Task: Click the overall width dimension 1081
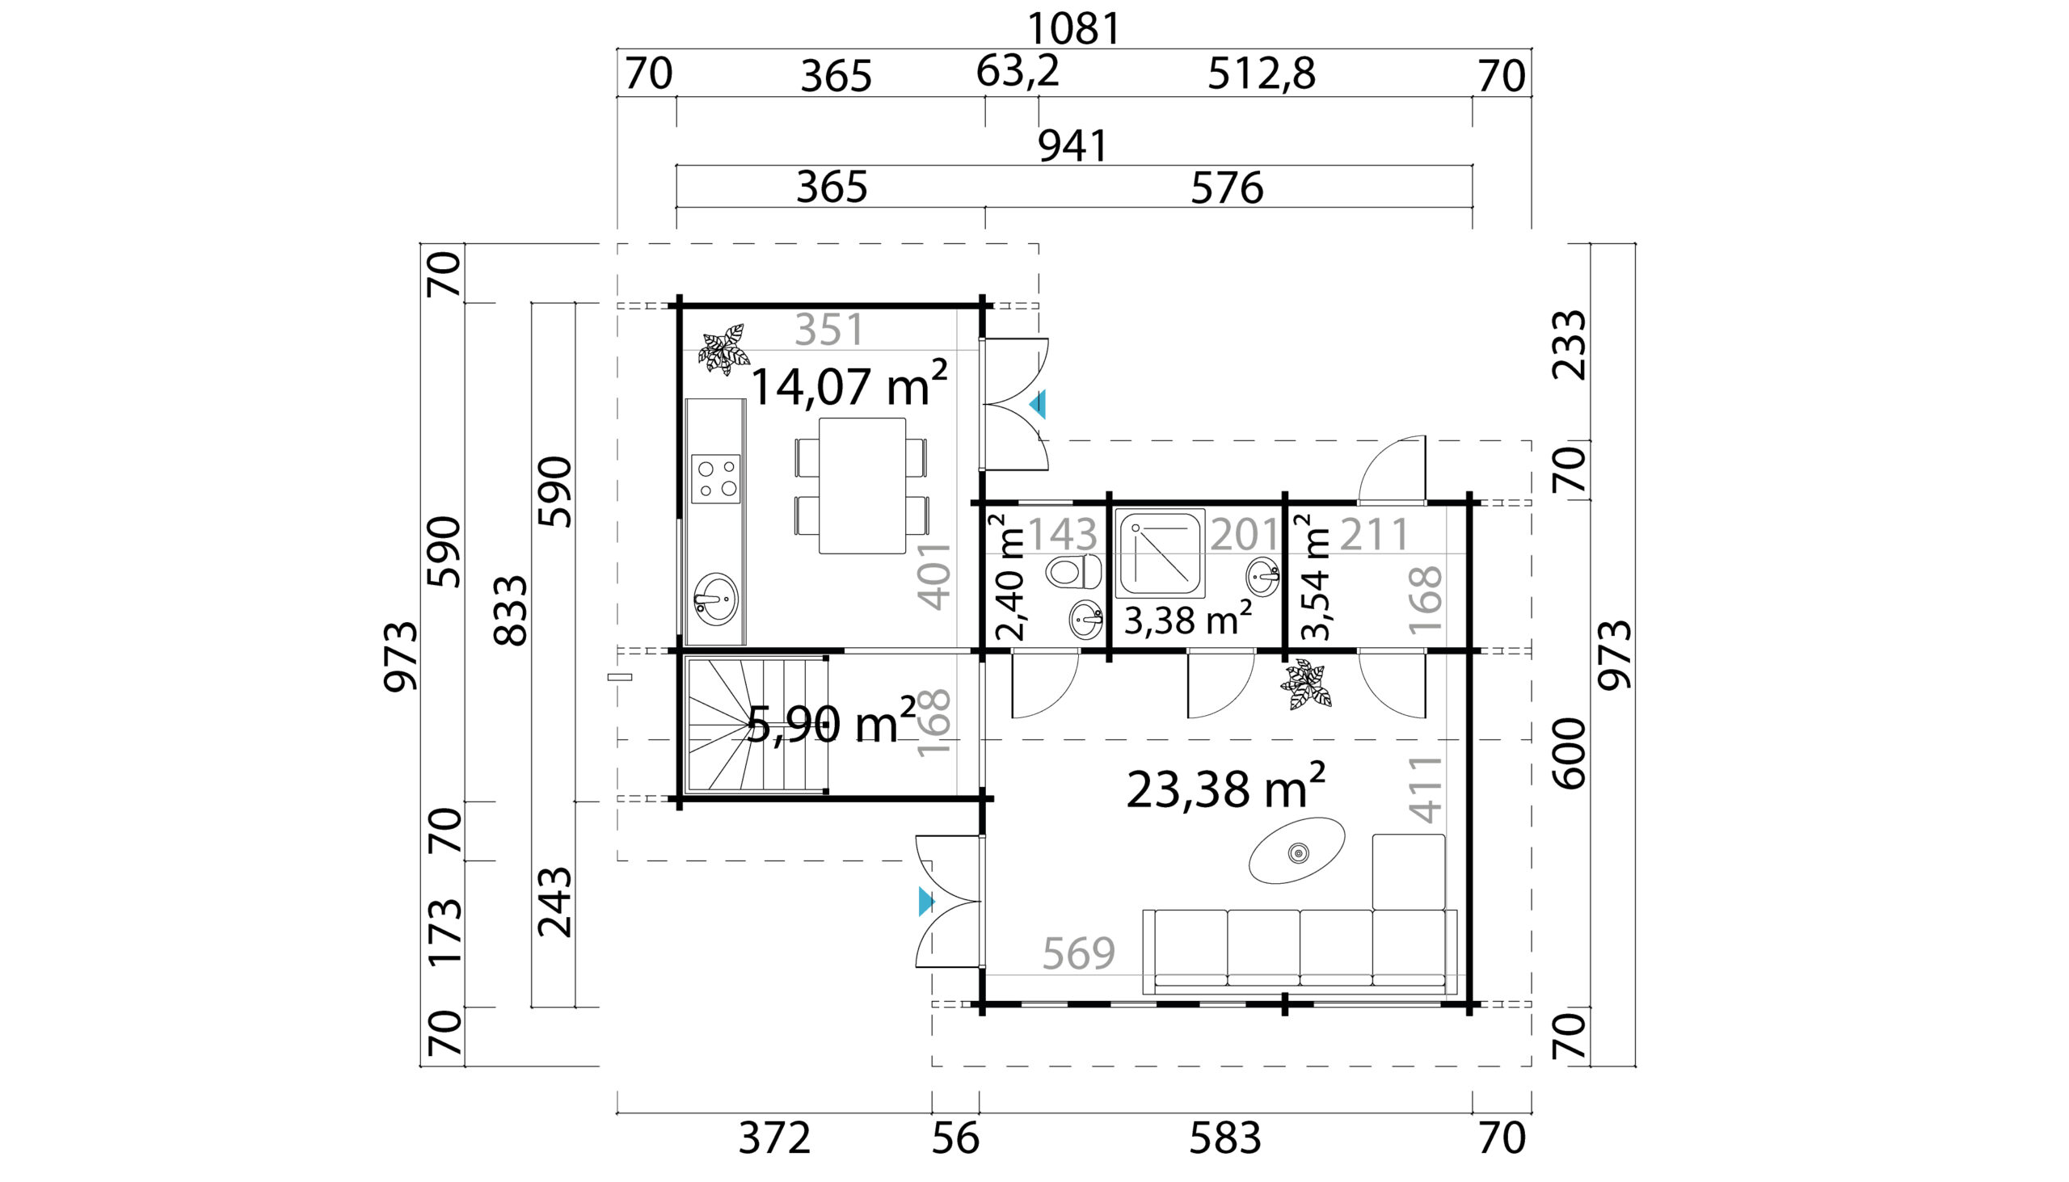pos(1074,29)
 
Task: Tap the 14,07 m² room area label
pos(849,384)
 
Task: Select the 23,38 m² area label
pos(1226,787)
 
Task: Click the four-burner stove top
pos(716,479)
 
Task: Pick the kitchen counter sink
pos(716,599)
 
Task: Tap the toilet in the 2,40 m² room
pos(1073,571)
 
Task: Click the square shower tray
pos(1161,553)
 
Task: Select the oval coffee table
pos(1297,851)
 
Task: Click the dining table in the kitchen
pos(862,486)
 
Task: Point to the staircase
pos(757,725)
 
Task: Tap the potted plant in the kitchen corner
pos(723,349)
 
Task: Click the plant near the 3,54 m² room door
pos(1306,684)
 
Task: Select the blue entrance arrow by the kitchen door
pos(1038,404)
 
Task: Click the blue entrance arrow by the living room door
pos(926,902)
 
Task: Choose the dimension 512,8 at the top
pos(1261,74)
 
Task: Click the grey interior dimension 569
pos(1078,953)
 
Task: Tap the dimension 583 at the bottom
pos(1225,1138)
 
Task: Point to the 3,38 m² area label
pos(1187,620)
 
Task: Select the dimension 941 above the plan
pos(1073,147)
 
